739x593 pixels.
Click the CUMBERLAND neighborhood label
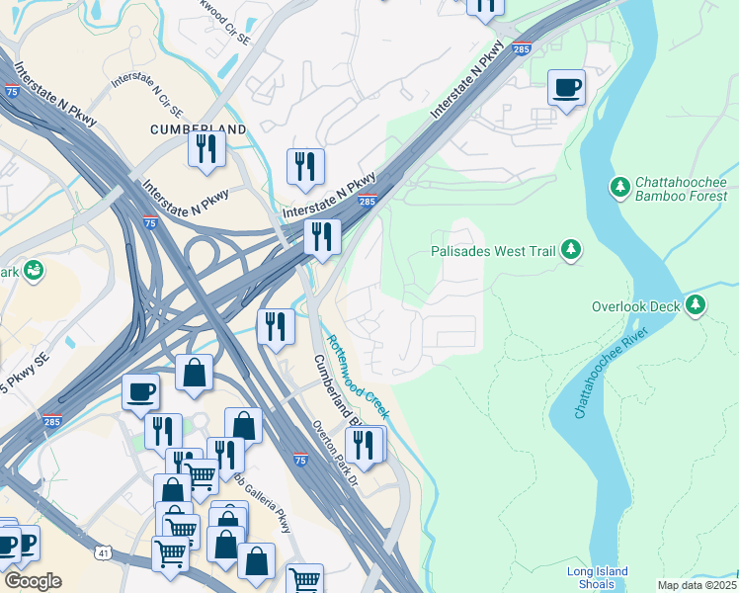pos(198,129)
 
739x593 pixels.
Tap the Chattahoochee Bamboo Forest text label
pos(681,189)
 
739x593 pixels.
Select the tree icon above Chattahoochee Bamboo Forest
pos(620,186)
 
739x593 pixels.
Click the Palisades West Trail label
pos(493,251)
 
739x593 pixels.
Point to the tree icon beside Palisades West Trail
pos(570,250)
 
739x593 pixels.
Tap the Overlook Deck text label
pos(635,306)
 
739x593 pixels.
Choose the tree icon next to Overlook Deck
pos(697,305)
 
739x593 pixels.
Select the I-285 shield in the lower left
pos(51,421)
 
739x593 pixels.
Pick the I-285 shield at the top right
pos(523,48)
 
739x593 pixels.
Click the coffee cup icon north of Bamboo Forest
pos(567,89)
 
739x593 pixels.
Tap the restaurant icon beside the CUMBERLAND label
pos(206,149)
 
